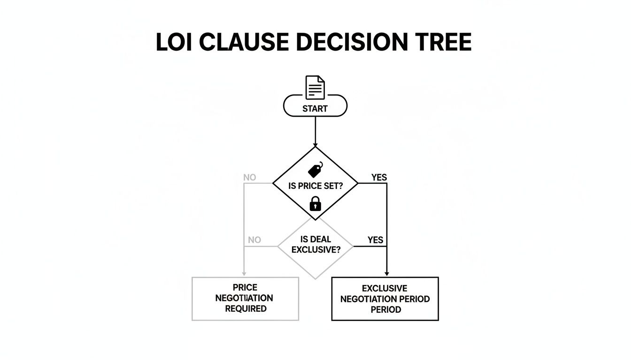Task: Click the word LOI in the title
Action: coord(174,42)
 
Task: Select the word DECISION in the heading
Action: coord(352,42)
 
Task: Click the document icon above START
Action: coord(315,88)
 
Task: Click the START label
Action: coord(315,109)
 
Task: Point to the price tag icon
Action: coord(315,170)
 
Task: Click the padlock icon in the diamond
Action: coord(315,203)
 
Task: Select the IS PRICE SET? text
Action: coord(315,186)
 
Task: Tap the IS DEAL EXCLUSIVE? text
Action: coord(316,244)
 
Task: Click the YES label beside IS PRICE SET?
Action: coord(379,178)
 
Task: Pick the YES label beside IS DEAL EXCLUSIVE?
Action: coord(375,240)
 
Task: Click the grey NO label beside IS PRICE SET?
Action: coord(250,178)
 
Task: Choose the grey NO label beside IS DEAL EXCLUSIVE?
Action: coord(254,240)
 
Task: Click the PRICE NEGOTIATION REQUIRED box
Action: coord(245,299)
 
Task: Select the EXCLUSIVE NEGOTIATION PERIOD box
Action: coord(385,299)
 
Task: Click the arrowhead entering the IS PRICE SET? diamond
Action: coord(315,144)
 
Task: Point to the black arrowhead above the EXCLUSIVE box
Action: coord(387,274)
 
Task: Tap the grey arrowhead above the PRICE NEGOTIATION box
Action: coord(244,274)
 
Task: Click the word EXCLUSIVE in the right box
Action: coord(385,288)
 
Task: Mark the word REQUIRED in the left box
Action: coord(246,309)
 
